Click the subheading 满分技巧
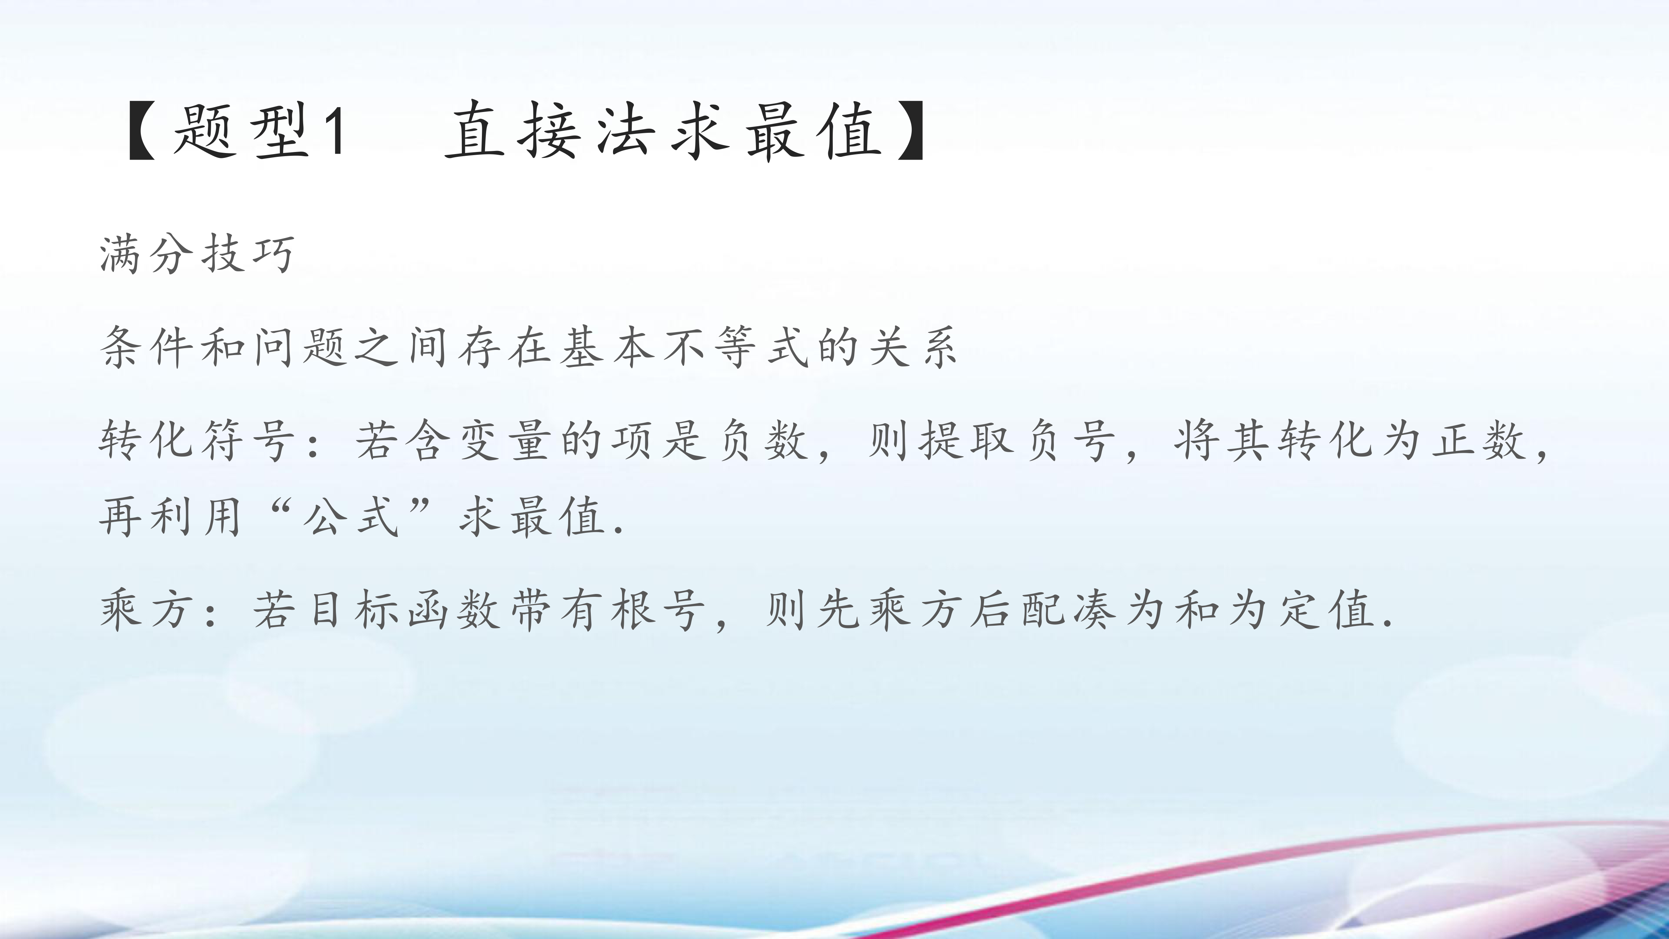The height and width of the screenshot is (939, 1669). point(197,254)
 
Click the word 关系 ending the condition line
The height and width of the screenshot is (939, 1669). point(913,347)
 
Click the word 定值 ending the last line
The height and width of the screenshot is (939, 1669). point(1325,610)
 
